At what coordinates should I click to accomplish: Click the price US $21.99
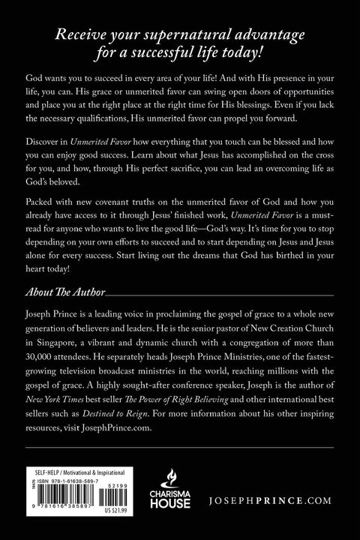pyautogui.click(x=132, y=519)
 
